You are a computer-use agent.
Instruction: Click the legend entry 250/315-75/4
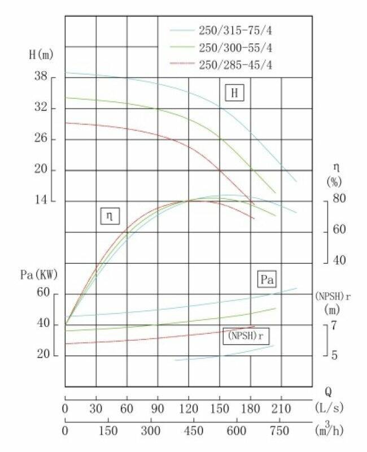point(237,29)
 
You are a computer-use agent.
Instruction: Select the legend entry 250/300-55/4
point(237,47)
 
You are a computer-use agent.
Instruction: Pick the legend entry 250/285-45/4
point(237,65)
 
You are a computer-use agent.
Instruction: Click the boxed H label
point(234,93)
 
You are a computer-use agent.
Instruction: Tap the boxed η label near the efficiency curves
point(110,215)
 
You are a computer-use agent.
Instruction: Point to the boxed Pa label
point(267,279)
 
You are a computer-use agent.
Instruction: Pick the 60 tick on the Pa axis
point(44,294)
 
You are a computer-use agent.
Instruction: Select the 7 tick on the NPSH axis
point(333,325)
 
